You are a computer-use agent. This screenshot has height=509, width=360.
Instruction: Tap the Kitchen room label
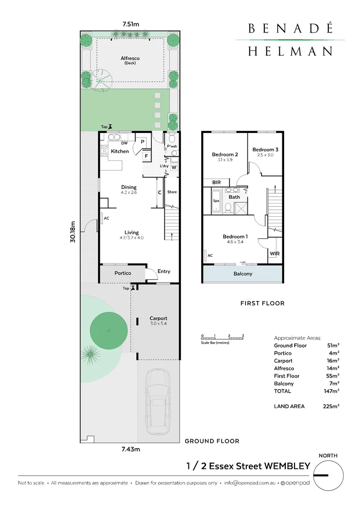pos(120,151)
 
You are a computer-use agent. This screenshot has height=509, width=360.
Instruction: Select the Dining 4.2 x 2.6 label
pos(128,189)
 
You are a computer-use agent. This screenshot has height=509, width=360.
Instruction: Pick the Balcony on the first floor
pos(243,274)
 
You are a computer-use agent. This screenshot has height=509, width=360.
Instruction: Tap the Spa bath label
pos(216,201)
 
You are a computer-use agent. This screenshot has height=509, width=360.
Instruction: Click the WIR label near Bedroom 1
pos(274,254)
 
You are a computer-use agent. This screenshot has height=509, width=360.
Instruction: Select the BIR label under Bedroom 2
pos(217,182)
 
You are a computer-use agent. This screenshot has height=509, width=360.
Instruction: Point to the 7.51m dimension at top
pos(131,23)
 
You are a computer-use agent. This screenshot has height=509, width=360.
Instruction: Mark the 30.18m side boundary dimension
pos(73,232)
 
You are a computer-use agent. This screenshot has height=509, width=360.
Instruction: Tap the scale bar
pos(222,337)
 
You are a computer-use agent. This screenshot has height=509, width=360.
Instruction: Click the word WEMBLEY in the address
pos(286,467)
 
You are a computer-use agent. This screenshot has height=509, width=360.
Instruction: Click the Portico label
pos(123,273)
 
